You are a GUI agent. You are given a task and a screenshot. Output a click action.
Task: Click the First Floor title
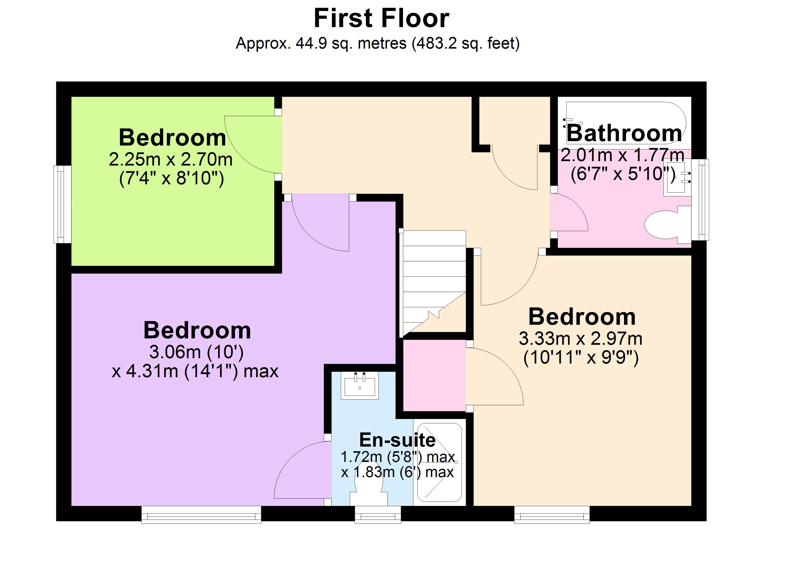(381, 19)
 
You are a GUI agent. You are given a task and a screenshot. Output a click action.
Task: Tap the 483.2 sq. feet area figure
(466, 44)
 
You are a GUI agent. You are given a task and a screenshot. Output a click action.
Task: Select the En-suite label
(397, 440)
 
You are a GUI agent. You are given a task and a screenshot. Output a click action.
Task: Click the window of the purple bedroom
(201, 514)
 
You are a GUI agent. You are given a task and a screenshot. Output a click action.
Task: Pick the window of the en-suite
(378, 514)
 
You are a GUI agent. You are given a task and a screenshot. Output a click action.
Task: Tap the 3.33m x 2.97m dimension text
(580, 339)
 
